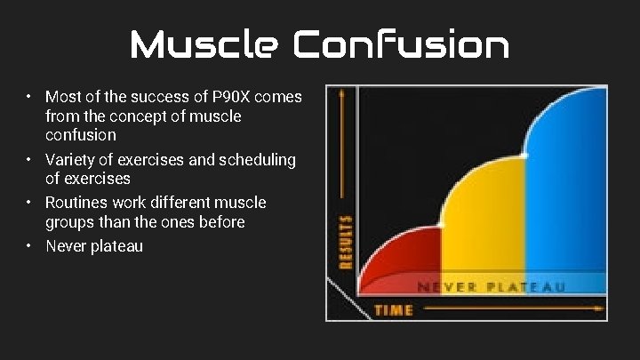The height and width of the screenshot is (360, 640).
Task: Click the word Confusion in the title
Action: (403, 44)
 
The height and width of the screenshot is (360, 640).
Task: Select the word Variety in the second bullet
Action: (71, 160)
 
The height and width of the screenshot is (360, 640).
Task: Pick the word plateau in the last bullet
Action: (116, 246)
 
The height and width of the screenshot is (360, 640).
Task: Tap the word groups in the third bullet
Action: (70, 222)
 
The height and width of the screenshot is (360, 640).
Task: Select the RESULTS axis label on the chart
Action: (345, 241)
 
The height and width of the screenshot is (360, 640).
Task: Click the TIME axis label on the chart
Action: (393, 309)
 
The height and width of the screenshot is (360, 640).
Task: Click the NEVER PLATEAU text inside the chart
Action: (491, 287)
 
